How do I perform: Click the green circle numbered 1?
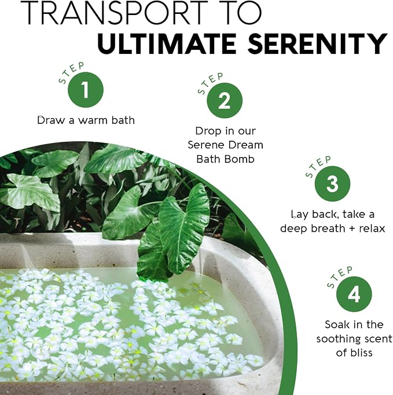click(x=86, y=90)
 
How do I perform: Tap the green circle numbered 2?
click(x=225, y=101)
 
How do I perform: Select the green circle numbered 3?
click(x=332, y=184)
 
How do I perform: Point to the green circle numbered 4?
click(x=354, y=294)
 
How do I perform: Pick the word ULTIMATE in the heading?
click(x=167, y=43)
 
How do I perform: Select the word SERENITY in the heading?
click(x=317, y=43)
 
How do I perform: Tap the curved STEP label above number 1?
click(x=71, y=72)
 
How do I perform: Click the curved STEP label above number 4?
click(x=339, y=277)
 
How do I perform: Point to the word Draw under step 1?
click(x=51, y=120)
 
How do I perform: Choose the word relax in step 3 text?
click(x=372, y=228)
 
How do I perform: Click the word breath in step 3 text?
click(x=329, y=228)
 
